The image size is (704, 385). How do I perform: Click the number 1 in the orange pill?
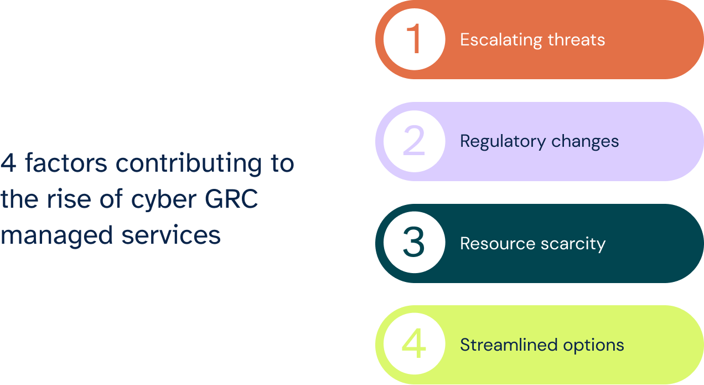point(414,40)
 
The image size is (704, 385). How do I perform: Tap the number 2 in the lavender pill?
point(414,141)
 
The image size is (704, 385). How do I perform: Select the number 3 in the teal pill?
point(414,243)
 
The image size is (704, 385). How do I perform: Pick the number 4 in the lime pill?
point(414,345)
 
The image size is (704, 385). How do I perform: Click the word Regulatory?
point(499,141)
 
